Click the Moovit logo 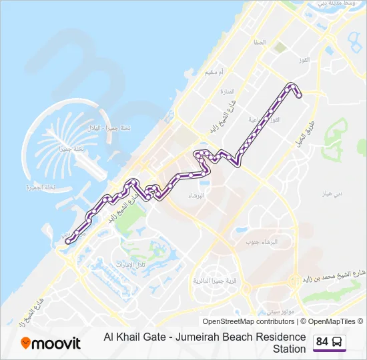tap(51, 343)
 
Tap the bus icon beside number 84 tap(338, 342)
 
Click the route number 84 tap(322, 342)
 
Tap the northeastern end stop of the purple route tap(299, 95)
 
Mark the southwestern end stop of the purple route tap(69, 242)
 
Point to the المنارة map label tap(228, 91)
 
